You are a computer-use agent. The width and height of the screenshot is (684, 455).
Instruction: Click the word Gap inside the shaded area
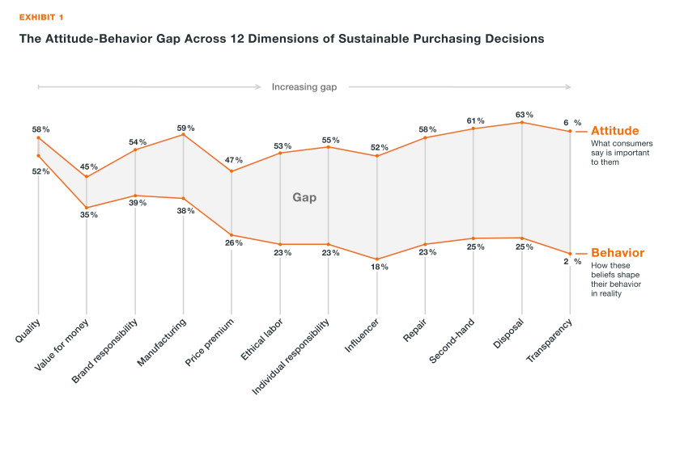304,197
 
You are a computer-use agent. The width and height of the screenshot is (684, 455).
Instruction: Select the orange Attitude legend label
614,131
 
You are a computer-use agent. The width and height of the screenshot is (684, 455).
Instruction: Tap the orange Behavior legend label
617,253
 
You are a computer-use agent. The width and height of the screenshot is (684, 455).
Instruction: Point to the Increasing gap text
304,87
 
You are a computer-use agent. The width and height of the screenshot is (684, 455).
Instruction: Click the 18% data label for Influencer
379,267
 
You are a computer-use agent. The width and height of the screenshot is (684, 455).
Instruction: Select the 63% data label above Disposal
524,114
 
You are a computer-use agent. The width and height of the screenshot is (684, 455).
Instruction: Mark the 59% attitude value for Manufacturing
185,127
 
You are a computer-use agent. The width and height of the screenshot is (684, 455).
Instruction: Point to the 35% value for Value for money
89,215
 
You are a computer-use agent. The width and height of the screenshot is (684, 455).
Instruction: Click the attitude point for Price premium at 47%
232,171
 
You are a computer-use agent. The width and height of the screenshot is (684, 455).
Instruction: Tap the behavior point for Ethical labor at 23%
280,244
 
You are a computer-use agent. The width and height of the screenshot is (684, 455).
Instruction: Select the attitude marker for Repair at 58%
426,138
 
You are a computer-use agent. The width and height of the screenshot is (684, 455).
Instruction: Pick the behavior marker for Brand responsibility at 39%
135,196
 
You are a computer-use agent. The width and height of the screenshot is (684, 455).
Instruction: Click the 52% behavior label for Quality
41,171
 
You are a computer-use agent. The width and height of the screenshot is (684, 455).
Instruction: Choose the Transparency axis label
550,341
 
